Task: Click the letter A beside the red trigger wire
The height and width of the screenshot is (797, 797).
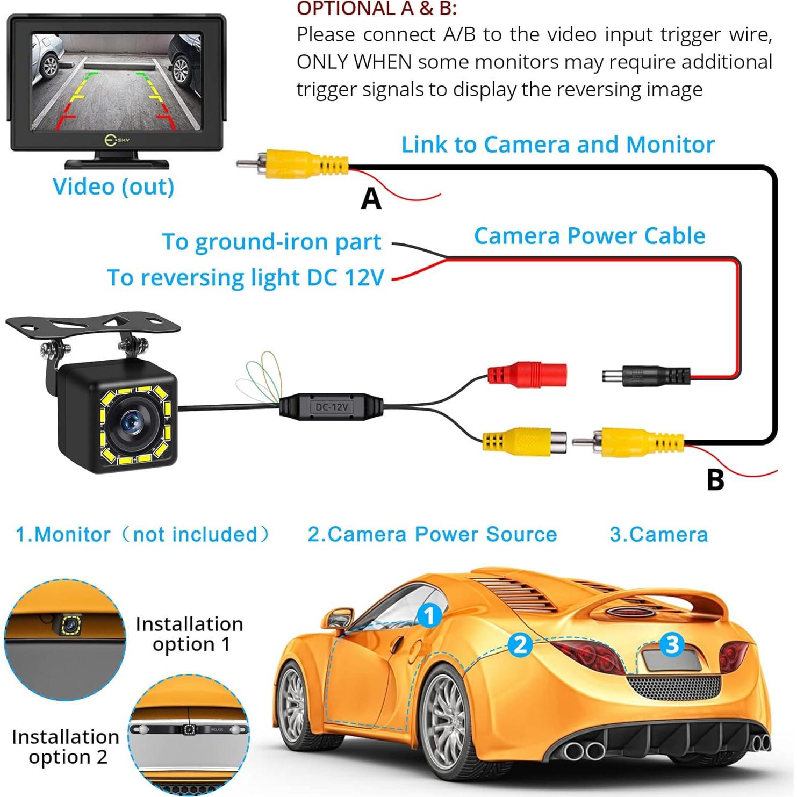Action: (x=371, y=199)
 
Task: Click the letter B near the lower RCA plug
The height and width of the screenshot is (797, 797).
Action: (x=715, y=480)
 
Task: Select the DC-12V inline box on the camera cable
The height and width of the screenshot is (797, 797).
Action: (x=331, y=407)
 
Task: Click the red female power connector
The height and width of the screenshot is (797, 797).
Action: (x=527, y=374)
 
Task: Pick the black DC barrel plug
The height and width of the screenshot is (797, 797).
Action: (x=645, y=375)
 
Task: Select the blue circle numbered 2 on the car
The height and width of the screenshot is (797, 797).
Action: (x=520, y=644)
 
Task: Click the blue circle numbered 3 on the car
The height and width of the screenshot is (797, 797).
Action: (x=672, y=644)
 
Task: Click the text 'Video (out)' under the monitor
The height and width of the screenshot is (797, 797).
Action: (x=113, y=186)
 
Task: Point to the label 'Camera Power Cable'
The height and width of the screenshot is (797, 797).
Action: (x=590, y=236)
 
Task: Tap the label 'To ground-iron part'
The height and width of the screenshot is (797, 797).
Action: (x=271, y=242)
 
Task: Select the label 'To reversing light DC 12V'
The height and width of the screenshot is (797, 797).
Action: (x=246, y=278)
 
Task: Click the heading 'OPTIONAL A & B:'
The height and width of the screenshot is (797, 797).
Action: (x=376, y=9)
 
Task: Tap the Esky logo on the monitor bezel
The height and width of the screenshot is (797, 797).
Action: (x=117, y=140)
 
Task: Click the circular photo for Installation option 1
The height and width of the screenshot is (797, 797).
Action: (x=65, y=640)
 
